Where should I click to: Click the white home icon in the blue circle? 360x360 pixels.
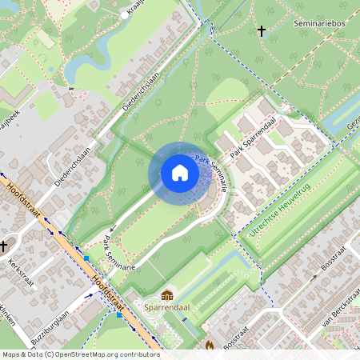(180, 173)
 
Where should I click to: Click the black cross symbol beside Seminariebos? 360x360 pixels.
(261, 31)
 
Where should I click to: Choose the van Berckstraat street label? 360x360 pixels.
(336, 310)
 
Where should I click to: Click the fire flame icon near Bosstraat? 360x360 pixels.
(210, 346)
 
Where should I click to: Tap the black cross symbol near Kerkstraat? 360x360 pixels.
(4, 246)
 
